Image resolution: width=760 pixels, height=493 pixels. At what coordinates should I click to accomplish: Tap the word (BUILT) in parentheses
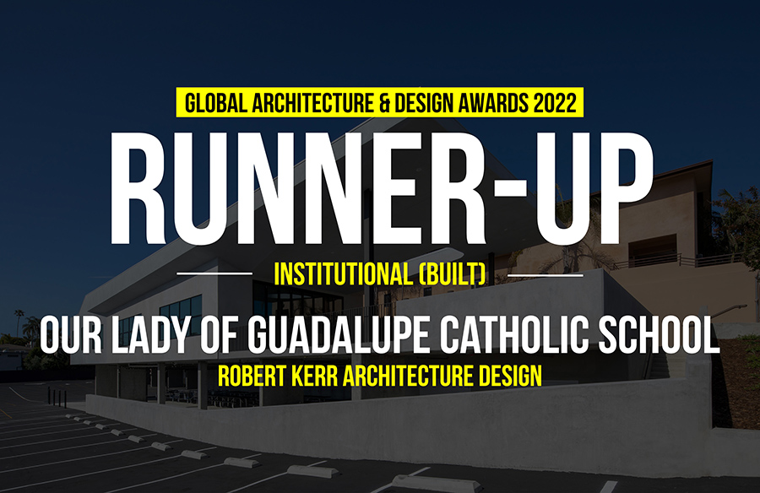point(451,274)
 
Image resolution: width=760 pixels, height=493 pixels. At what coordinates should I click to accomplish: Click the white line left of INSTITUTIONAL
point(214,274)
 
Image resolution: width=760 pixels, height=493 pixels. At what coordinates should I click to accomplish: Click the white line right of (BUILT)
point(546,275)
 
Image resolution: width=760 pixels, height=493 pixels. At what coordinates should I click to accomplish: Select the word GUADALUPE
point(339,335)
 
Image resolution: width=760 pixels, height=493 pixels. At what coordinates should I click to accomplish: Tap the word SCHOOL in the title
point(660,335)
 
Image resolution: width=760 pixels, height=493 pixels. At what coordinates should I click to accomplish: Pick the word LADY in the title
point(149,335)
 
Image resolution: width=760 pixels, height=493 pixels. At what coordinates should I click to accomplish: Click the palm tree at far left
point(19,321)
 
